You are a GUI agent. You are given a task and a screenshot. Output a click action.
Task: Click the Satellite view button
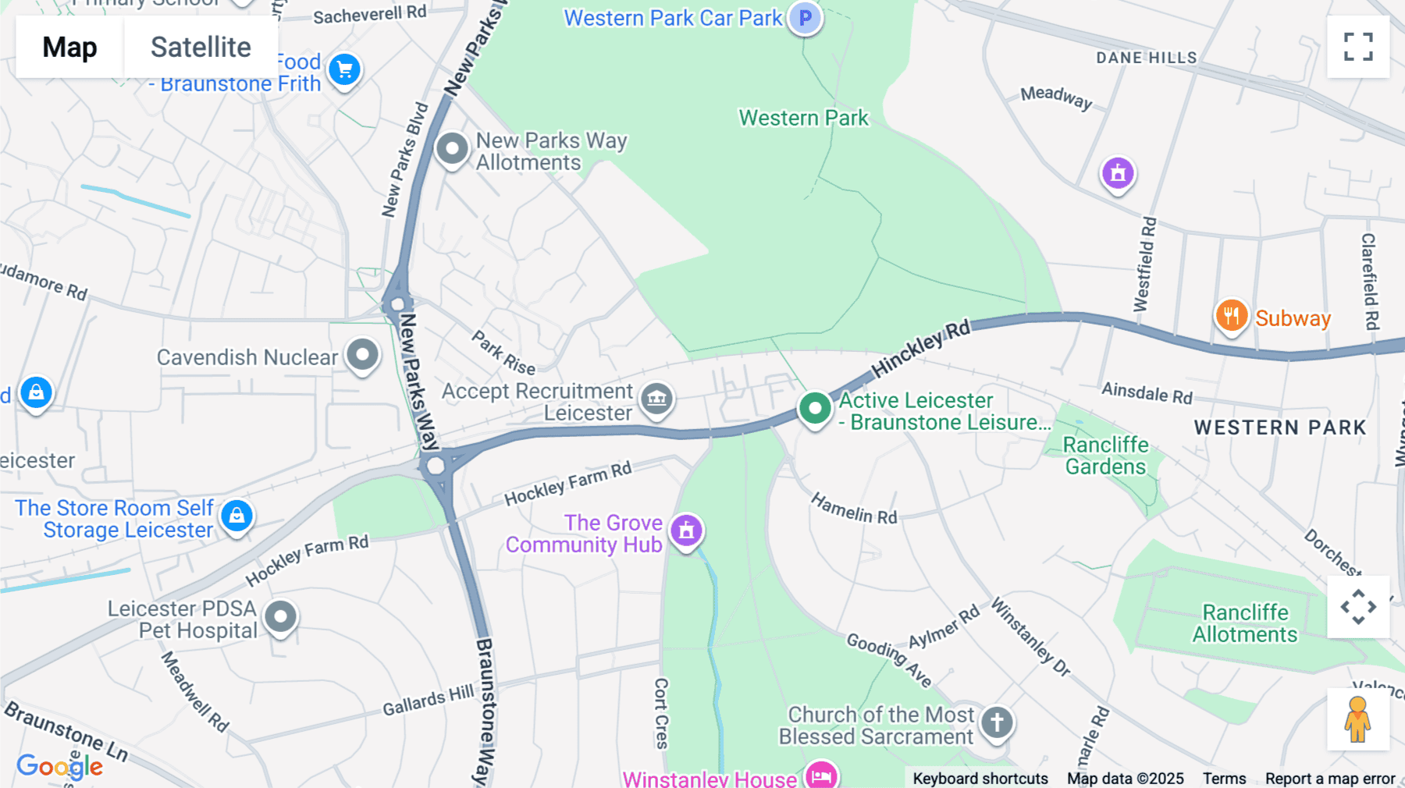[201, 47]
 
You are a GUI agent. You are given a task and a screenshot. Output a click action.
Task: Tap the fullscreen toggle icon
[1358, 47]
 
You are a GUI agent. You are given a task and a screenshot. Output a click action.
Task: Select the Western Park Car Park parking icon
[805, 18]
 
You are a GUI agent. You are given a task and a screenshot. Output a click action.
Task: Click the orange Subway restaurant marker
[1231, 316]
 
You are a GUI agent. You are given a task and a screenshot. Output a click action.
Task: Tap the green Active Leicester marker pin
[815, 408]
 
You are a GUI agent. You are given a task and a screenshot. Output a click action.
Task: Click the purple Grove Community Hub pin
[686, 531]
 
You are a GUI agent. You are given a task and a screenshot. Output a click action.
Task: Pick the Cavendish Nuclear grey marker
[362, 355]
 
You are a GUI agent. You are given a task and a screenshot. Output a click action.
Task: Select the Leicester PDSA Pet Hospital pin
[280, 617]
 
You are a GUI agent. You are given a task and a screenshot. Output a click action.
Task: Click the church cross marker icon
[997, 722]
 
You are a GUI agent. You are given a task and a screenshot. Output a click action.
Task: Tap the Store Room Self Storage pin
[237, 516]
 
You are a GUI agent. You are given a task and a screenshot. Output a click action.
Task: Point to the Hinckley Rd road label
[921, 347]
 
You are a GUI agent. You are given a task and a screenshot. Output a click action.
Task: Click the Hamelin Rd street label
[854, 508]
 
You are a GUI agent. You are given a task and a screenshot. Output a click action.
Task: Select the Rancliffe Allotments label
[1245, 623]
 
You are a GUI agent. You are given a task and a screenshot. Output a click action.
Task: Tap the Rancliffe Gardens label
[1106, 456]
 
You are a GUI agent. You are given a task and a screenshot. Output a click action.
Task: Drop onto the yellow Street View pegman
[1357, 719]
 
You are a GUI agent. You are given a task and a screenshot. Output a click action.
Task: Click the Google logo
[59, 767]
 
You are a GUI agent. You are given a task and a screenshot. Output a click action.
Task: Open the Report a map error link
[1330, 779]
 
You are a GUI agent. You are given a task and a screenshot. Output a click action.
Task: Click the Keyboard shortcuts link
[980, 779]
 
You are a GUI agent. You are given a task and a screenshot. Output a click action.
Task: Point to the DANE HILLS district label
[1146, 58]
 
